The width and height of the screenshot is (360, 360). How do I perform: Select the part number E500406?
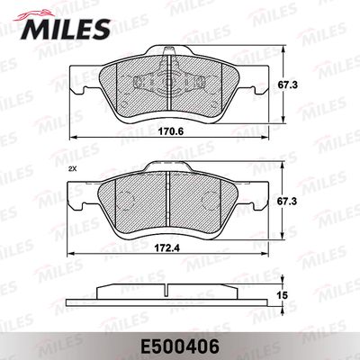(x=179, y=342)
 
